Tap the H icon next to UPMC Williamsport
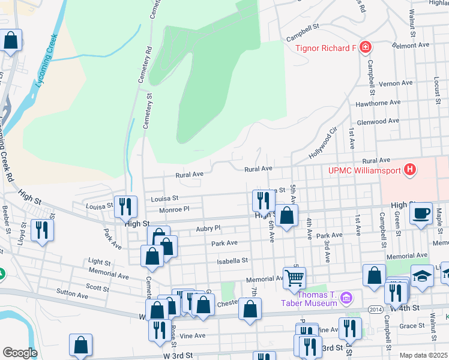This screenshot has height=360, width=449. (x=410, y=170)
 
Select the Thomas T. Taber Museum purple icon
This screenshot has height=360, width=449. (x=345, y=298)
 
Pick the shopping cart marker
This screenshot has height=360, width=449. (x=294, y=278)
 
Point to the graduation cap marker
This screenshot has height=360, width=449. (x=422, y=275)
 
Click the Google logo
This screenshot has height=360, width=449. (x=20, y=353)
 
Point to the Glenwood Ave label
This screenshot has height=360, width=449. (x=378, y=121)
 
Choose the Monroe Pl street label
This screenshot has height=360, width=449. (x=174, y=209)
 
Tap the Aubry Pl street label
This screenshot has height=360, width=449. (x=208, y=228)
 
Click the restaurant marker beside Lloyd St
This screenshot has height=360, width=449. (x=42, y=230)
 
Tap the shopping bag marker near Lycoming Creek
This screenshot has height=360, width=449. (x=11, y=41)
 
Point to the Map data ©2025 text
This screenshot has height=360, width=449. (x=424, y=355)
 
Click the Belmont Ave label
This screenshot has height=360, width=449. (x=411, y=45)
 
